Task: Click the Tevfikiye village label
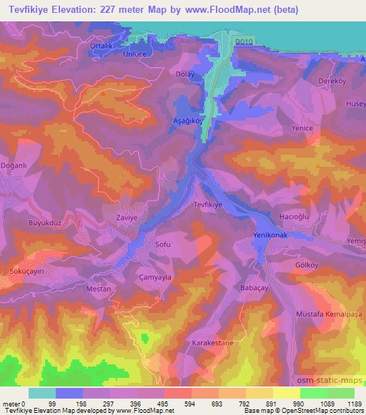tap(209, 204)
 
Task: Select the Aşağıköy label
tap(189, 121)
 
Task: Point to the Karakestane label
tap(213, 343)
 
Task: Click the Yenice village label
tap(304, 129)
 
